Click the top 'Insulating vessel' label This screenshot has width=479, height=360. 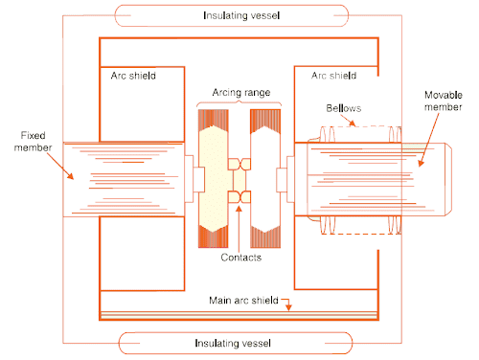pyautogui.click(x=239, y=15)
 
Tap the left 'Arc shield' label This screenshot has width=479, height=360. pyautogui.click(x=128, y=75)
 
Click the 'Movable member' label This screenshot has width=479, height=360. pyautogui.click(x=446, y=101)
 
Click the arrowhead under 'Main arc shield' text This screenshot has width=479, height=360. pyautogui.click(x=287, y=305)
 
